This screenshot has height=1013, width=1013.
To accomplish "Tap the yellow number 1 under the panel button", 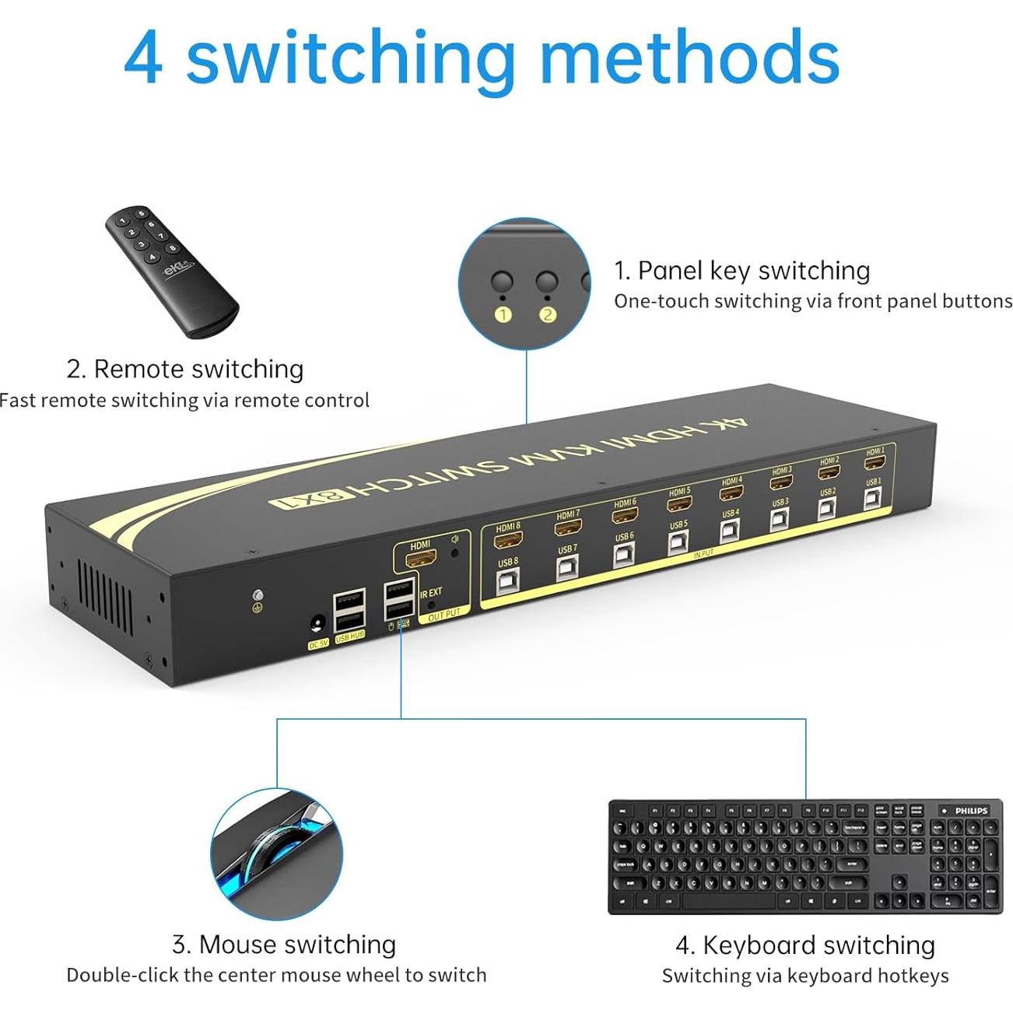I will pyautogui.click(x=503, y=314).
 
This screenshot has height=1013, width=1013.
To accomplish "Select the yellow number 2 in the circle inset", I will pyautogui.click(x=548, y=314).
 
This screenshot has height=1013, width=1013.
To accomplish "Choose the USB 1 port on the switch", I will pyautogui.click(x=874, y=498).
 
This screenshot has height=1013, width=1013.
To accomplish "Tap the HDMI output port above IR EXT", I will pyautogui.click(x=421, y=559).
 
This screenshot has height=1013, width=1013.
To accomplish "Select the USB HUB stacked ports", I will pyautogui.click(x=349, y=612).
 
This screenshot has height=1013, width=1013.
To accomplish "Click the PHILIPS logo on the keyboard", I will pyautogui.click(x=971, y=811).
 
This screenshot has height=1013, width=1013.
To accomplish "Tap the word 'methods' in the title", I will pyautogui.click(x=689, y=58).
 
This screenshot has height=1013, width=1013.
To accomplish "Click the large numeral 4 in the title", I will pyautogui.click(x=143, y=59).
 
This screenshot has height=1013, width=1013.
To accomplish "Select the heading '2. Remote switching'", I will pyautogui.click(x=185, y=369).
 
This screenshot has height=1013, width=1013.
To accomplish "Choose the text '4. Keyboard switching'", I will pyautogui.click(x=805, y=945).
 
